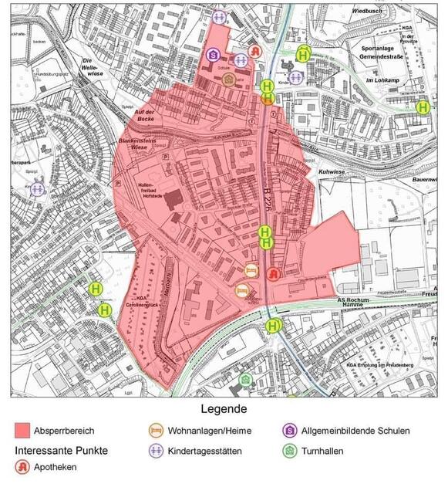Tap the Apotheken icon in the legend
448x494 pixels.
[x=23, y=466]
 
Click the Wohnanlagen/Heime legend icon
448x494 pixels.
[x=157, y=431]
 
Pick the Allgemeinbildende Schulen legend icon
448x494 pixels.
[x=290, y=431]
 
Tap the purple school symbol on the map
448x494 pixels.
[x=213, y=54]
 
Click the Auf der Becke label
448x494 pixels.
[x=146, y=116]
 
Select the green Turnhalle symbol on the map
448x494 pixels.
[x=245, y=379]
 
